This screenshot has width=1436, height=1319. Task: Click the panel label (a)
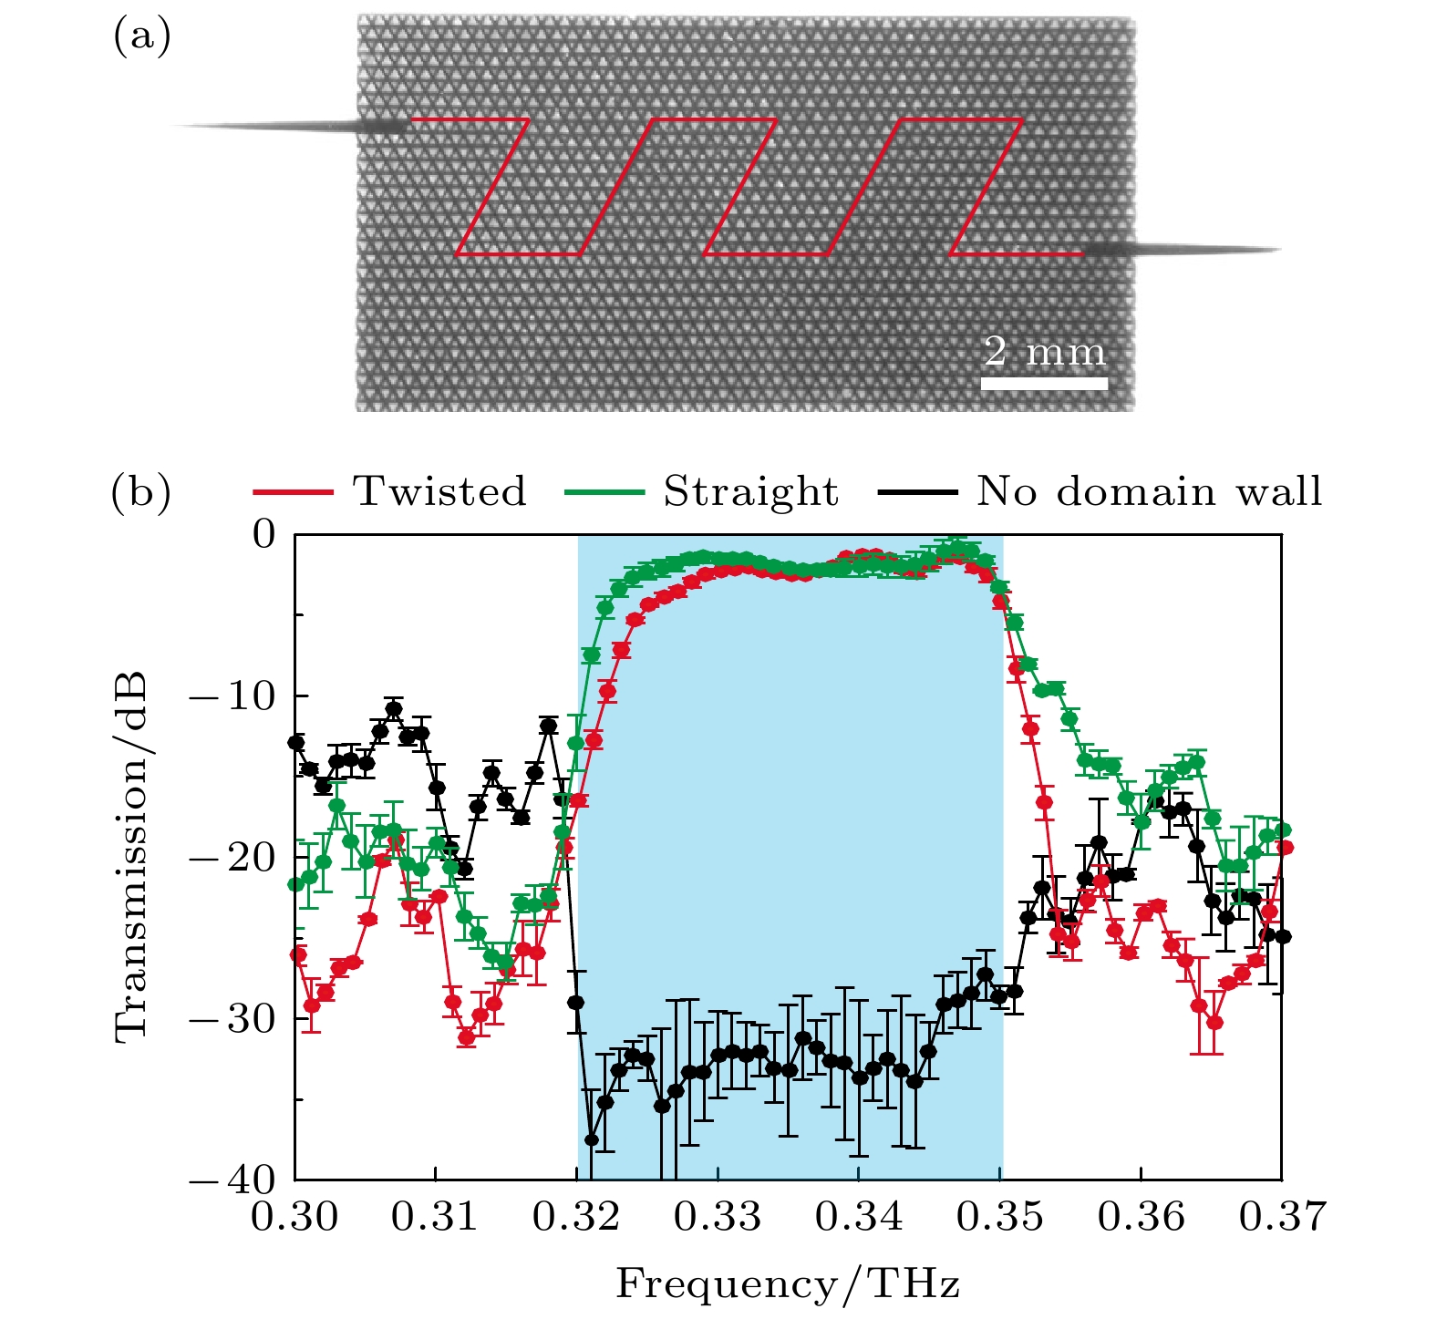(141, 38)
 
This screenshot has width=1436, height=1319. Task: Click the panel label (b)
(141, 492)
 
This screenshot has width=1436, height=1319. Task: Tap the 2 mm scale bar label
(1045, 352)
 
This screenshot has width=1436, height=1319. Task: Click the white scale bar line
(1045, 384)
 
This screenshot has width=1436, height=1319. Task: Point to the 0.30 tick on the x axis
(294, 1217)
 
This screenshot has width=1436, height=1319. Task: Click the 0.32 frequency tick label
(576, 1217)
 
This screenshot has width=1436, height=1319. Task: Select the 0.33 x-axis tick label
(718, 1217)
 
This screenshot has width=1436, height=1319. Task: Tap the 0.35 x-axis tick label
(1000, 1217)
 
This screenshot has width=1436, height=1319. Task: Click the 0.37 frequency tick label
(1282, 1217)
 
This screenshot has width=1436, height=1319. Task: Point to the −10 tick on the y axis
(232, 696)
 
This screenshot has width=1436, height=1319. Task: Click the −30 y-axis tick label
(232, 1019)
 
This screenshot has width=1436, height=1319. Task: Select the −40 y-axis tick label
(232, 1180)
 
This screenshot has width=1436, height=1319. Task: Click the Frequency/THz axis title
(788, 1284)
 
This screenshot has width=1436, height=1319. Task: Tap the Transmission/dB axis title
(132, 857)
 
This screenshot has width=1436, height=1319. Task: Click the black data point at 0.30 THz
(295, 742)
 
